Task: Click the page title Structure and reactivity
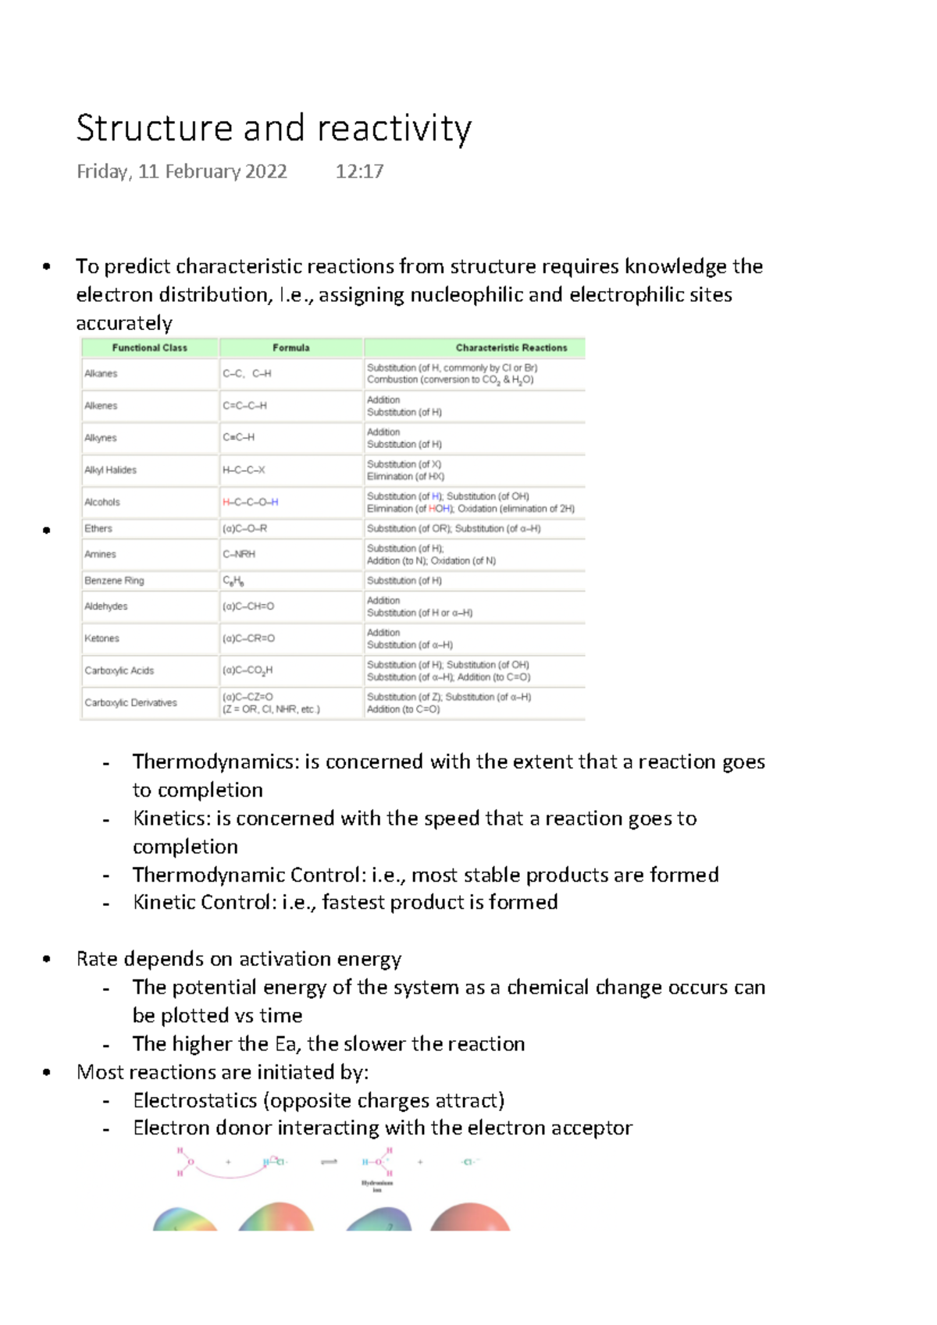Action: (273, 129)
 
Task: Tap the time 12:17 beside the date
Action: (359, 172)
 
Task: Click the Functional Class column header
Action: (149, 348)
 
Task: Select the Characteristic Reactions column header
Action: (511, 348)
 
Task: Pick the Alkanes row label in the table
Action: (101, 374)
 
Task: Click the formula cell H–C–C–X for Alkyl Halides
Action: (244, 470)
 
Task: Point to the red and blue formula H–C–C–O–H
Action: (250, 502)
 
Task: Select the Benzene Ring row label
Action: (114, 581)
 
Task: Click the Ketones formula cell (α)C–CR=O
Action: (248, 638)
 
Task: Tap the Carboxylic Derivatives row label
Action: (130, 702)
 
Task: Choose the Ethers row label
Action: (98, 528)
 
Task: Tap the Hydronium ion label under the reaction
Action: (377, 1186)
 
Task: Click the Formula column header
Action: (290, 348)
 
